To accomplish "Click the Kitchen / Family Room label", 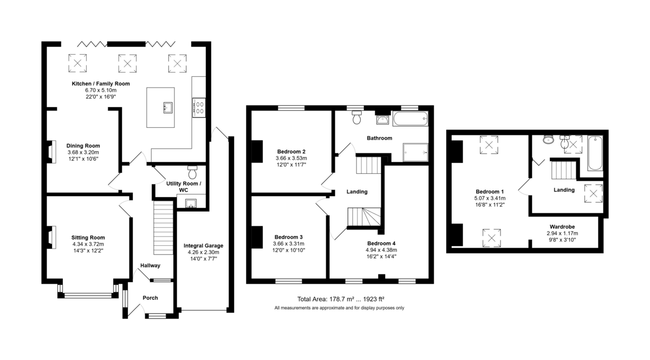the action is tap(101, 84).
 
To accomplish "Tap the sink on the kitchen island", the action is tap(168, 107).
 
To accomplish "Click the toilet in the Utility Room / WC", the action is tap(192, 172).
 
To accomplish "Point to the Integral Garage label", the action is tap(204, 246).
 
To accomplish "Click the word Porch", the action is tap(151, 298).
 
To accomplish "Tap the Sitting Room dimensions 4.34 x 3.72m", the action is tap(88, 244).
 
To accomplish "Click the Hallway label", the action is tap(151, 265).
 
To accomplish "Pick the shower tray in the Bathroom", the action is tap(415, 152).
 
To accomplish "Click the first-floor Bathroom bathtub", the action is tap(411, 119).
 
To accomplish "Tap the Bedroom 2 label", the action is tap(291, 152).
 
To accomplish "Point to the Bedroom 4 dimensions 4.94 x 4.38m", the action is tap(381, 250).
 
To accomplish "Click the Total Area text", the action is tap(341, 299).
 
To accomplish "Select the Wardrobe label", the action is tap(562, 227).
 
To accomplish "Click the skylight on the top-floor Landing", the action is tap(594, 193).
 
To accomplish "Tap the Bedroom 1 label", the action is tap(490, 192).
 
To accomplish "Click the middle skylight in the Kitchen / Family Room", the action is tap(127, 63).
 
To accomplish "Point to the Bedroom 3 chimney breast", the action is tap(257, 237).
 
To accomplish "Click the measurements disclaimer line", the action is tap(339, 308).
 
